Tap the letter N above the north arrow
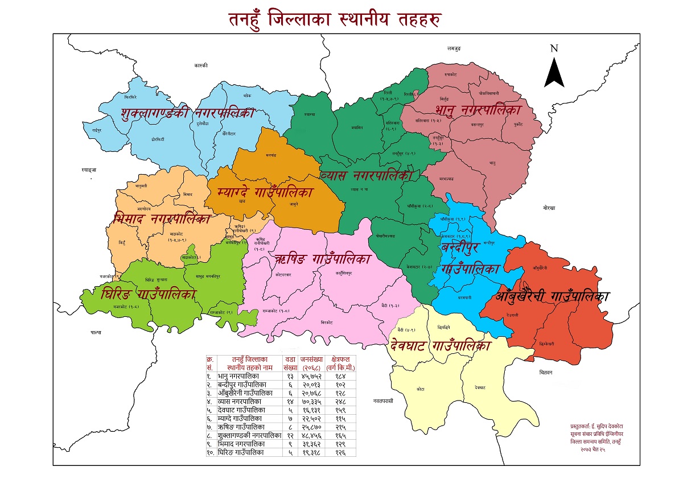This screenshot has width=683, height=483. click(x=554, y=48)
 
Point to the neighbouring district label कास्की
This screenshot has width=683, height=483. click(x=200, y=66)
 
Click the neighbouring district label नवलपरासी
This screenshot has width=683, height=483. click(x=384, y=401)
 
